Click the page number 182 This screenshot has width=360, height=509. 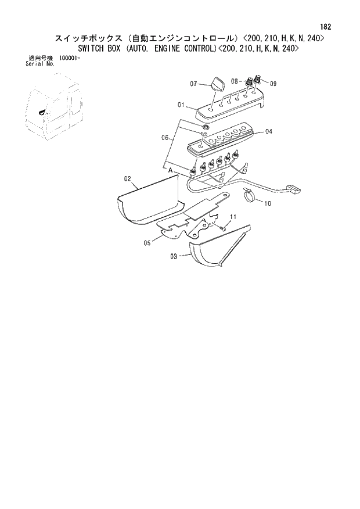pyautogui.click(x=326, y=27)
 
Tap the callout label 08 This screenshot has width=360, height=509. pyautogui.click(x=235, y=81)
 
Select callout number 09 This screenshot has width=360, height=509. pyautogui.click(x=272, y=84)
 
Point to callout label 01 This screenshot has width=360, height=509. pyautogui.click(x=181, y=105)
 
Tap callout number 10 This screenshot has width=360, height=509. pyautogui.click(x=268, y=203)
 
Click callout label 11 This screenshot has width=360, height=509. pyautogui.click(x=233, y=217)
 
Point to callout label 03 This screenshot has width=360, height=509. pyautogui.click(x=174, y=256)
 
